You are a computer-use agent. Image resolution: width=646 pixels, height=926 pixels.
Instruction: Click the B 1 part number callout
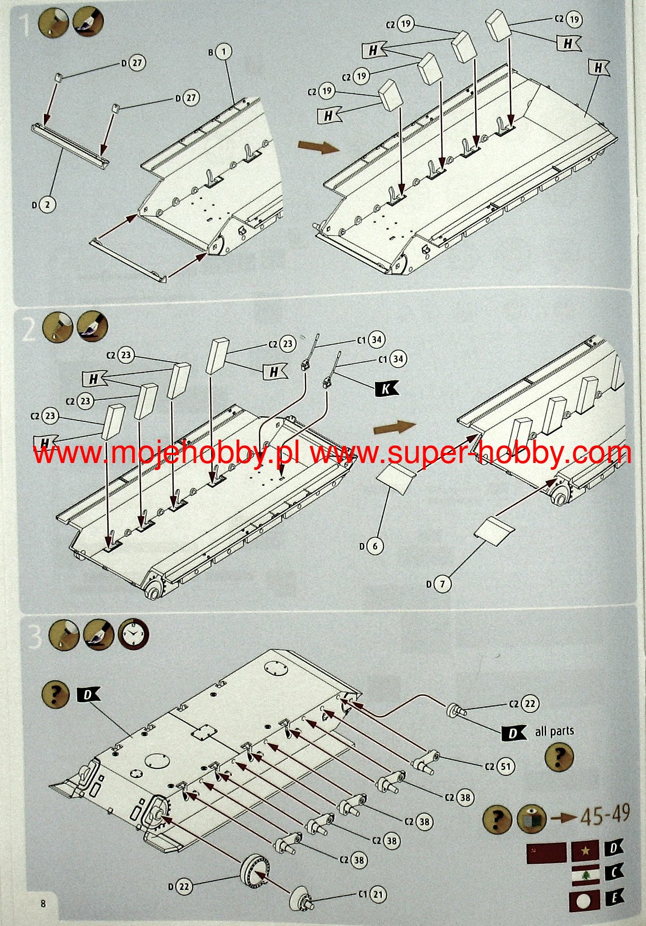(x=224, y=52)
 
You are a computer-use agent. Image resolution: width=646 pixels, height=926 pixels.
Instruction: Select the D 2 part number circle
(x=47, y=205)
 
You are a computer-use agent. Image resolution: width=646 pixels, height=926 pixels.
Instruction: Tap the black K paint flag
(x=386, y=389)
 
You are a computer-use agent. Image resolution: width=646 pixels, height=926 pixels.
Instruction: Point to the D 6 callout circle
(x=375, y=546)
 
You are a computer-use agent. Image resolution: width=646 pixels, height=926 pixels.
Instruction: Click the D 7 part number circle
(x=442, y=584)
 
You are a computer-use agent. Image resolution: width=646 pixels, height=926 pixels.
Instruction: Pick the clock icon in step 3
(x=133, y=635)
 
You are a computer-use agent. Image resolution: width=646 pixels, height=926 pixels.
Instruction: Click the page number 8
(x=43, y=903)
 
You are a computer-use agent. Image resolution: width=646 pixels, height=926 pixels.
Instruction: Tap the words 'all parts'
(x=554, y=731)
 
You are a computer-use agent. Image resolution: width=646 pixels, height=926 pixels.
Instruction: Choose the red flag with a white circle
(x=584, y=900)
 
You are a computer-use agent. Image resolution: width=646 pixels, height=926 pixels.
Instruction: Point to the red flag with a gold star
(x=585, y=851)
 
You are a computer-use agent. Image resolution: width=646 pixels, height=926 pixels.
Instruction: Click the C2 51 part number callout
(x=505, y=767)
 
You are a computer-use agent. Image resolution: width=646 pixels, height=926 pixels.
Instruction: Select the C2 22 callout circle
(x=530, y=704)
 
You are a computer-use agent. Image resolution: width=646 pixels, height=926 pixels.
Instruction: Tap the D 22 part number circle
(x=183, y=887)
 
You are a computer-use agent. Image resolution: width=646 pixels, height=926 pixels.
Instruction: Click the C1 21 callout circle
(x=378, y=894)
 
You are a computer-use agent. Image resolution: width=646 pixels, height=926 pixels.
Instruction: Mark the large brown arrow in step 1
(x=318, y=147)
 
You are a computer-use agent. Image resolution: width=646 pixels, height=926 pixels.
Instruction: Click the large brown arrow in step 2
(x=394, y=427)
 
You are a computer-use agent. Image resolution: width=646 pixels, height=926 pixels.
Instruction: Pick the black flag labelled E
(x=614, y=898)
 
